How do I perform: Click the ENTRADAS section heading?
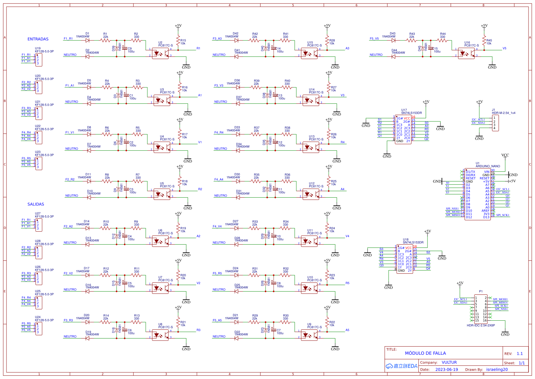(38, 39)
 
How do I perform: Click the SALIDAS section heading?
(36, 204)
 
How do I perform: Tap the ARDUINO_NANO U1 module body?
(477, 194)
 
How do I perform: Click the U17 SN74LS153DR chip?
(403, 130)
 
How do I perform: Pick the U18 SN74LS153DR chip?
(404, 259)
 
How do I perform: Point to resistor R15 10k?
(178, 41)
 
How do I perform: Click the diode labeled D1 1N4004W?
(87, 40)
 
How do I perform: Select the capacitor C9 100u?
(125, 49)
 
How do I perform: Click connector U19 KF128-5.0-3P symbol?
(39, 60)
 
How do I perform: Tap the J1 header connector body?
(495, 123)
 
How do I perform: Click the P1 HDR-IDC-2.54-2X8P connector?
(481, 309)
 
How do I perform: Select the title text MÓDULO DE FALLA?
(425, 353)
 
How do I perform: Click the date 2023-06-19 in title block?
(447, 370)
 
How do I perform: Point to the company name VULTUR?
(449, 362)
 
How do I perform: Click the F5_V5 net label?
(374, 39)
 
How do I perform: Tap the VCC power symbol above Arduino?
(505, 155)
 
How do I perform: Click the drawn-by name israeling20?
(497, 370)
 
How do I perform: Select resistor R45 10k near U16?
(484, 41)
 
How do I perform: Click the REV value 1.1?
(520, 354)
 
